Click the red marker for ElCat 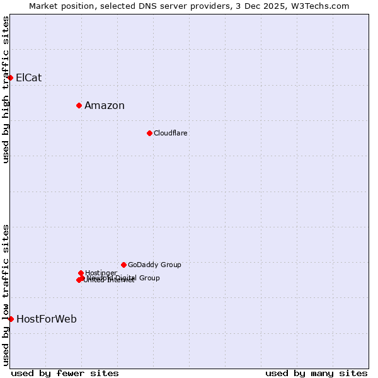(x=11, y=77)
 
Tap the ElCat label (x=29, y=78)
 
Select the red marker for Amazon (x=79, y=105)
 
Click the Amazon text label (x=105, y=106)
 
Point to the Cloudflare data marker (x=149, y=133)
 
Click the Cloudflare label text (x=171, y=134)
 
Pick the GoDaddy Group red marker (x=123, y=265)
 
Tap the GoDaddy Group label (x=154, y=265)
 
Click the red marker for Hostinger (x=81, y=273)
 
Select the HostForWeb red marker (x=11, y=319)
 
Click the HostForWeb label (x=47, y=319)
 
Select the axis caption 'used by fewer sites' (x=65, y=373)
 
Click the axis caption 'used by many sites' (x=316, y=373)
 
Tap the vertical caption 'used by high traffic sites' (x=6, y=89)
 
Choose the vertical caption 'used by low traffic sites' (x=6, y=294)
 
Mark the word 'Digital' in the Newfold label (x=125, y=278)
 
